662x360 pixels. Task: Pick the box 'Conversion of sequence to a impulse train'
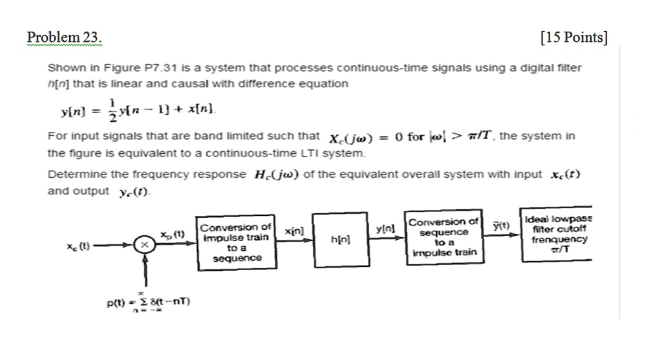pos(443,237)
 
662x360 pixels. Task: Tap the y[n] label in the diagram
pos(384,229)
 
